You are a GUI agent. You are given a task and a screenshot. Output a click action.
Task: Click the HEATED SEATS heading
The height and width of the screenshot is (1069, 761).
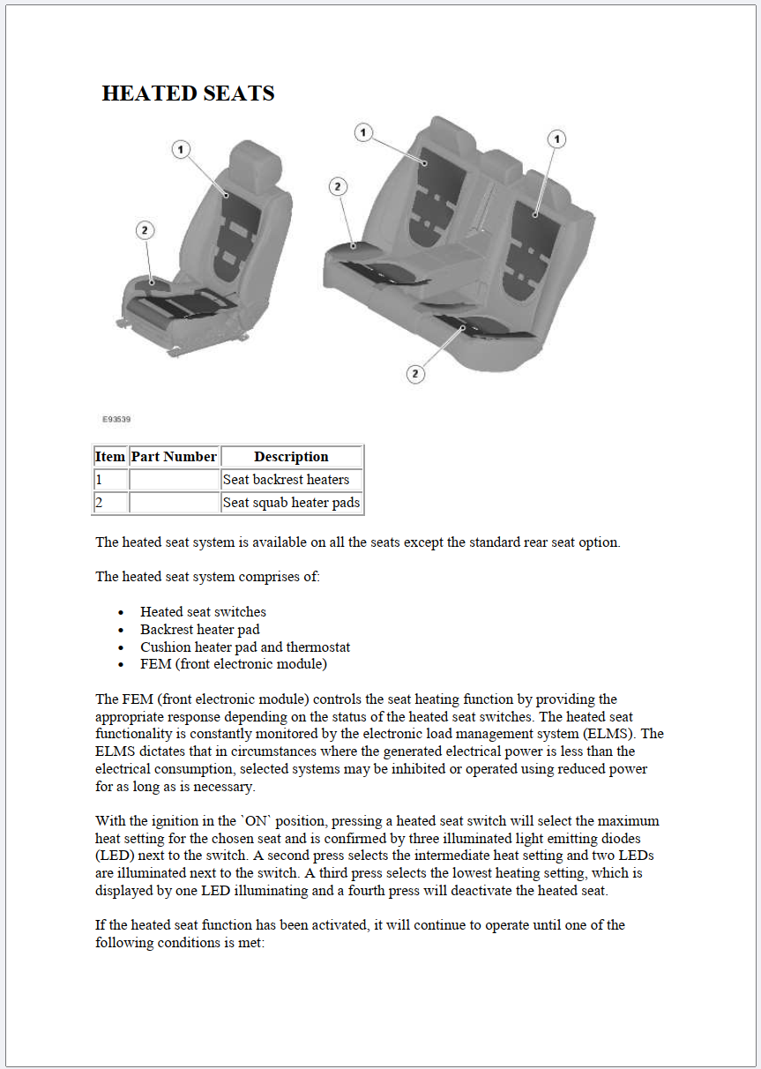coord(188,93)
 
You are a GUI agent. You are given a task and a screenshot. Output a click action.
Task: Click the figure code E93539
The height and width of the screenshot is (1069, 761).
coord(116,420)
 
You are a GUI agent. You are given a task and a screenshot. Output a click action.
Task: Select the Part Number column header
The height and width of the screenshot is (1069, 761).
coord(174,457)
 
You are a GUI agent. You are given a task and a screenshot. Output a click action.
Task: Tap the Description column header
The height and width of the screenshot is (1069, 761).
coord(291,457)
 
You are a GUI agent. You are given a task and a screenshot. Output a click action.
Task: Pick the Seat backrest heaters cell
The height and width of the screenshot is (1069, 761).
coord(286,480)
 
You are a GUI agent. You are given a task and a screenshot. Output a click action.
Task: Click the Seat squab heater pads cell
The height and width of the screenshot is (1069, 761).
coord(291,503)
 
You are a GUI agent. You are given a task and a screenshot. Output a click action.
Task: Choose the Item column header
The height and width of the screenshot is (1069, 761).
coord(110,457)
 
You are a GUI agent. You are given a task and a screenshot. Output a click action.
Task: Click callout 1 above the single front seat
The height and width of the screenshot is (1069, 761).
coord(181,150)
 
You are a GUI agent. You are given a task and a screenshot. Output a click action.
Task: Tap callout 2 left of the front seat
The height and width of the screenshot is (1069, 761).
coord(145,231)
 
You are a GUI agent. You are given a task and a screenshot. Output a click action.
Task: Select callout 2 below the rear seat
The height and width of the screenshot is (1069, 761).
coord(415,374)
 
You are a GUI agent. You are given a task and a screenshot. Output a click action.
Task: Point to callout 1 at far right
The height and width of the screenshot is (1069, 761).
coord(556,139)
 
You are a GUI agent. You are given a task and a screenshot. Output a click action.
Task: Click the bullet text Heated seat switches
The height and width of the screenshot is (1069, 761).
coord(203,611)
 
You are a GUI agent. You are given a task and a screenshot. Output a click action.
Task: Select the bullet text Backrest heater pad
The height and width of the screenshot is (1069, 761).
coord(200,629)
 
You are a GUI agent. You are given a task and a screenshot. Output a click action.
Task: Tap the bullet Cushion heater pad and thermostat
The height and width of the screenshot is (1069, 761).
coord(245,647)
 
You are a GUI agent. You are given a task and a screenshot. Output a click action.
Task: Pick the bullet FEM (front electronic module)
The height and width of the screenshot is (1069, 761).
coord(234,664)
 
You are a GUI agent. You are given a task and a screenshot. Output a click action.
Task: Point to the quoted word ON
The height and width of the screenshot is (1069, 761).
coord(251,821)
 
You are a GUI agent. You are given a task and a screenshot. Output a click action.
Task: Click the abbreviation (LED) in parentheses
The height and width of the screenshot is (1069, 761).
coord(116,856)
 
